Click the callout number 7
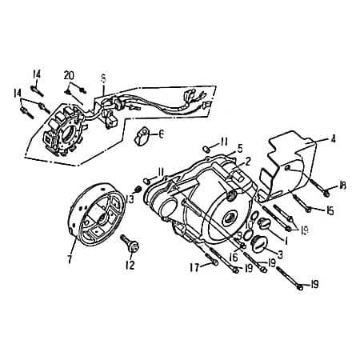pos(70,259)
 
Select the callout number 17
pos(194,268)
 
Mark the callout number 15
pos(330,210)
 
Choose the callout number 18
pos(342,186)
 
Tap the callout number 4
pos(333,139)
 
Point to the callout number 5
pos(238,149)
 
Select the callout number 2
pos(248,162)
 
